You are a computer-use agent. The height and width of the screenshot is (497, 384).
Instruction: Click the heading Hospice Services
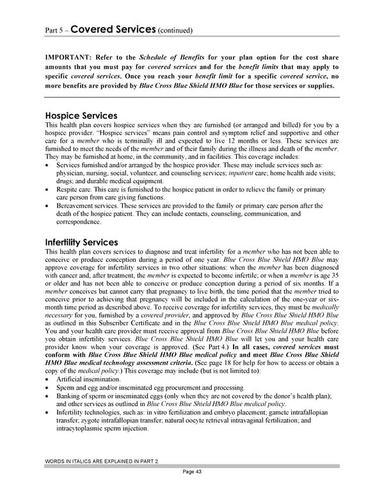pos(81,116)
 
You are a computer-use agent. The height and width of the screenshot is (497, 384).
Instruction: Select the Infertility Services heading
pos(81,243)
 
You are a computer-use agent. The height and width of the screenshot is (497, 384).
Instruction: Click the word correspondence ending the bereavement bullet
pos(79,222)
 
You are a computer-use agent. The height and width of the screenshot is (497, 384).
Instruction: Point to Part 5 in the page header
pos(53,31)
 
